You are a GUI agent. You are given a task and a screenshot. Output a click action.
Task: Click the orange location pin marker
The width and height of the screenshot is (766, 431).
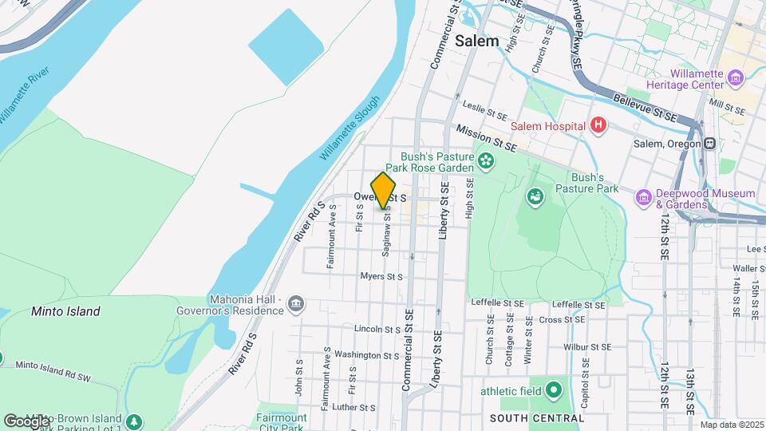(383, 190)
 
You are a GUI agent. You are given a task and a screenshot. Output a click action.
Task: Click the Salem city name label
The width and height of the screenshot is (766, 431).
(477, 41)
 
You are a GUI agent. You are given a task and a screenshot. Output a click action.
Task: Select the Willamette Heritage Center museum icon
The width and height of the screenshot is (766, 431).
(736, 78)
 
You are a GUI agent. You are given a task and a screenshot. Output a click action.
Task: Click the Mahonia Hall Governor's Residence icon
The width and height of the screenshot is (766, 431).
(296, 302)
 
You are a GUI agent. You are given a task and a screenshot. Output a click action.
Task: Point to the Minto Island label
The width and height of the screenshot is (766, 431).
(65, 311)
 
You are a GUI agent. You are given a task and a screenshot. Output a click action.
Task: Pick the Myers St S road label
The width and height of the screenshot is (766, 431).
(381, 277)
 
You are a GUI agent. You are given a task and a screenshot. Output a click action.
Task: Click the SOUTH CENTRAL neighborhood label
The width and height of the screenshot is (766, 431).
(537, 418)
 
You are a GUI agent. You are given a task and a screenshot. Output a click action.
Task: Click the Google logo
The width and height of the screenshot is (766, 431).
(26, 421)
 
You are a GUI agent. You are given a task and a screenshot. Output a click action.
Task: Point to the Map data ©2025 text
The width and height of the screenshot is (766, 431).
(732, 425)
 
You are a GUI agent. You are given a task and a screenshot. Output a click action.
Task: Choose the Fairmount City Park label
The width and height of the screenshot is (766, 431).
(282, 421)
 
